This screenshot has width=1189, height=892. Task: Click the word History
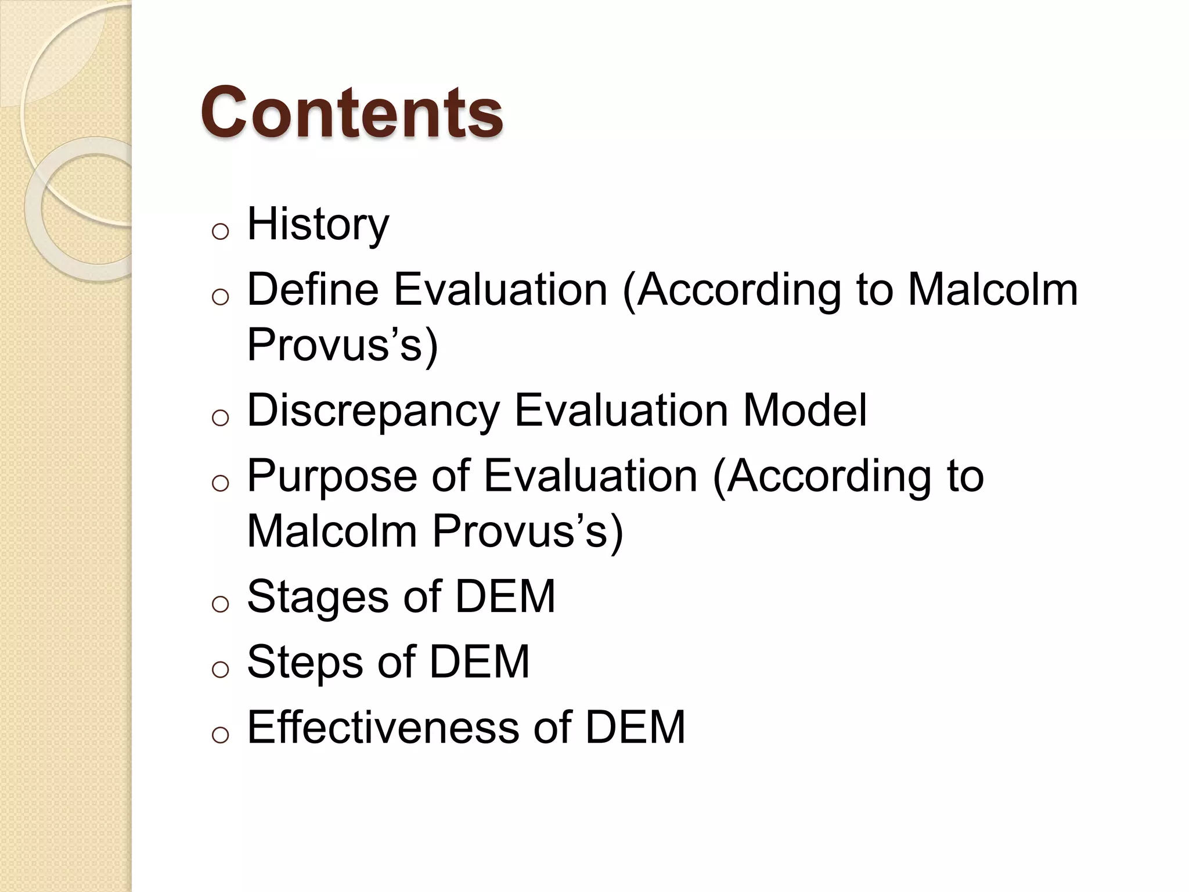pyautogui.click(x=318, y=224)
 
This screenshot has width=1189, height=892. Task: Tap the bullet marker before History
pyautogui.click(x=220, y=232)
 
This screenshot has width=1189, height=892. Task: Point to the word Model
pyautogui.click(x=805, y=410)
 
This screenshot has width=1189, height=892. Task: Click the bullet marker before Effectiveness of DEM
pyautogui.click(x=220, y=735)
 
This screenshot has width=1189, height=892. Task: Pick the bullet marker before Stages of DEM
pyautogui.click(x=220, y=605)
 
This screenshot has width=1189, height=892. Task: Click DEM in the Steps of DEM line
pyautogui.click(x=479, y=661)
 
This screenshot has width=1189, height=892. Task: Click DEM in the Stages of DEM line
pyautogui.click(x=505, y=596)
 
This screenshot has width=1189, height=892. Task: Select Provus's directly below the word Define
pyautogui.click(x=343, y=344)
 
